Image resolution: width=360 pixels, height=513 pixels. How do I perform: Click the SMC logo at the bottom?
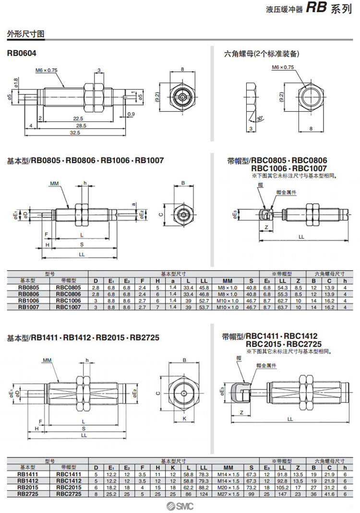tap(180, 506)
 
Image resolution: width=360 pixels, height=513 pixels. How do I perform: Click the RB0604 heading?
tap(22, 53)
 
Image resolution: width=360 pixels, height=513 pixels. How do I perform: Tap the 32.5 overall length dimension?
tap(75, 132)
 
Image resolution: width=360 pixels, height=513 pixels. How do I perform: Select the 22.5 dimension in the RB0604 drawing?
tap(78, 119)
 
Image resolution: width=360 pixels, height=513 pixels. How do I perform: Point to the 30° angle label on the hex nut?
tap(260, 119)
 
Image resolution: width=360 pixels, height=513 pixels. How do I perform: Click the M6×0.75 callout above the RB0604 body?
tap(46, 70)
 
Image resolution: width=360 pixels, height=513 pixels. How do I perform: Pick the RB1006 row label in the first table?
tap(28, 301)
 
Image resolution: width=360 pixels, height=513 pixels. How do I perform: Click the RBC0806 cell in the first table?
tap(68, 294)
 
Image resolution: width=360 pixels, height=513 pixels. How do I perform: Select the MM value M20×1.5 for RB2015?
tap(228, 488)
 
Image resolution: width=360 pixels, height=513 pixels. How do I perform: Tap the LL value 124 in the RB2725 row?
tap(204, 494)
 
